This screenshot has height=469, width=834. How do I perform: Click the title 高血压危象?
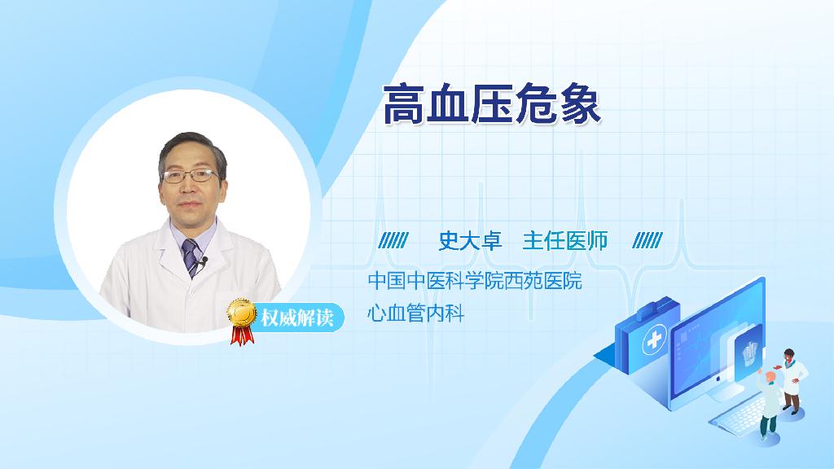click(x=492, y=103)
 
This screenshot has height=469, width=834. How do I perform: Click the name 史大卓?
click(x=470, y=241)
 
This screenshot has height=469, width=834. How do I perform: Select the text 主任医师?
click(x=565, y=241)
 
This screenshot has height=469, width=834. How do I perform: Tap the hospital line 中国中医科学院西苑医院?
click(x=475, y=281)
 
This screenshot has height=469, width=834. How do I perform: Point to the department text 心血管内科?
click(x=416, y=313)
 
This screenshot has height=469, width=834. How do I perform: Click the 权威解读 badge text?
click(x=297, y=318)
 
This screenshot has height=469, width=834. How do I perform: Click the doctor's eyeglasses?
click(x=190, y=176)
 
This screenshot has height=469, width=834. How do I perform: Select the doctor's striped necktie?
click(x=190, y=257)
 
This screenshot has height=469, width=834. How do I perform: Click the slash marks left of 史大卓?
click(x=393, y=241)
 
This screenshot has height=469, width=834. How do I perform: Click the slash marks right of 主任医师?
click(x=647, y=241)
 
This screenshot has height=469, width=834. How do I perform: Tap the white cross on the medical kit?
click(x=654, y=340)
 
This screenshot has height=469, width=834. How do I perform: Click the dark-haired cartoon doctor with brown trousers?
click(x=792, y=381)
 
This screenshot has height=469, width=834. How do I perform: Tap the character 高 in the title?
click(x=404, y=103)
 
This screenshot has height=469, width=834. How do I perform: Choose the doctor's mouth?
click(x=189, y=204)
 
